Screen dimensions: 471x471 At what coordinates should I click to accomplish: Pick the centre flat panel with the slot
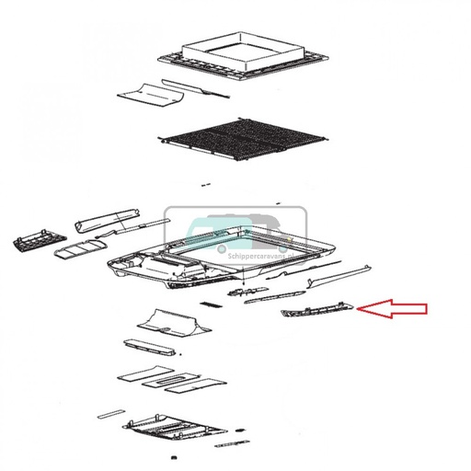[x=170, y=380]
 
